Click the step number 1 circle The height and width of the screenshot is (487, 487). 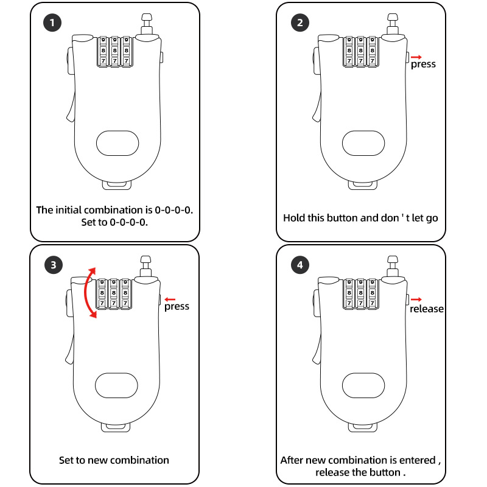53,24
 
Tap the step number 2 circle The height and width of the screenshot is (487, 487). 299,24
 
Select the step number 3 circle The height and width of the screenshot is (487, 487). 53,265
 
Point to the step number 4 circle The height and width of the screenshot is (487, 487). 299,265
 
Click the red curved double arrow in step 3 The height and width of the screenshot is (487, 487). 89,293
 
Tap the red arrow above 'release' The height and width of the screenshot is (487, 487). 416,299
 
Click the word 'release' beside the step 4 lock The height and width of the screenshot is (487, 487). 426,309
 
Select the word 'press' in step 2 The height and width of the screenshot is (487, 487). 423,64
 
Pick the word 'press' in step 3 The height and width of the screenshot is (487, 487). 177,306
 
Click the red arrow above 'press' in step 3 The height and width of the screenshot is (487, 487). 170,299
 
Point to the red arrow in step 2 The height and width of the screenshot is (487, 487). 416,57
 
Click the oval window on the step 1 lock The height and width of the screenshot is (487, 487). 117,143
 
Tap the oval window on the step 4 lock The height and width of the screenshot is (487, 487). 363,385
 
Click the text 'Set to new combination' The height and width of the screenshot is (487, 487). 114,460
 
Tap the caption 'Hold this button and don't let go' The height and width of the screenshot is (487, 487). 360,217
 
